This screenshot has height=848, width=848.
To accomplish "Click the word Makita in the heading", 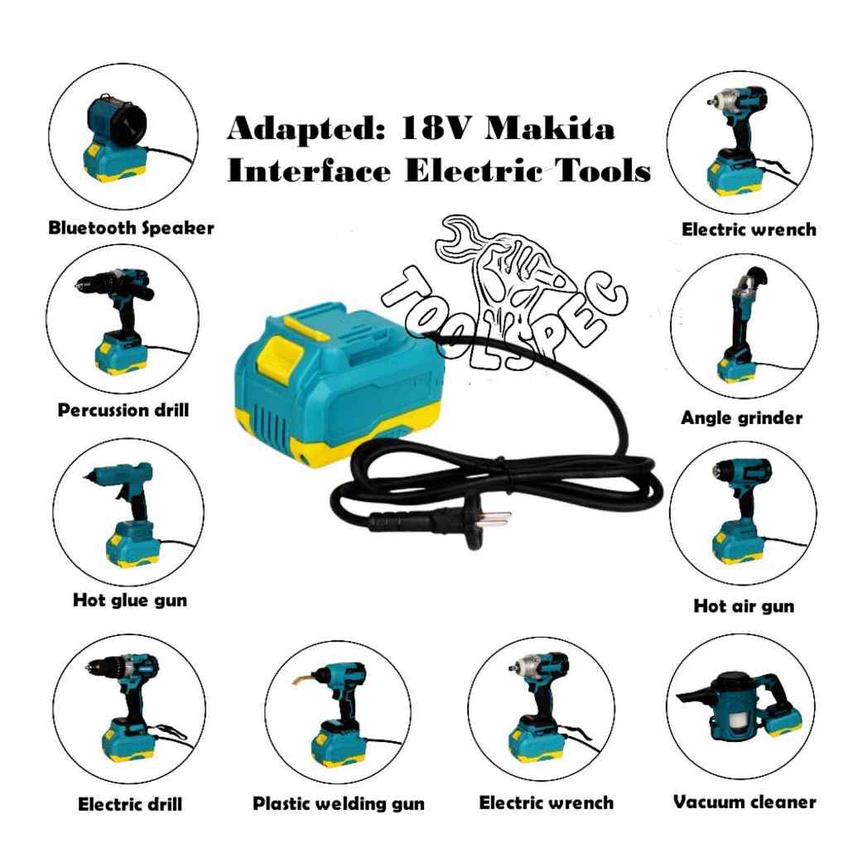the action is click(550, 129).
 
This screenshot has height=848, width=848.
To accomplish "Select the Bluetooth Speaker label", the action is click(132, 228).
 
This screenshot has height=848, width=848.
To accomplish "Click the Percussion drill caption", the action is click(123, 410).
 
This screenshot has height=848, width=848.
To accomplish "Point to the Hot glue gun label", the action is click(130, 600).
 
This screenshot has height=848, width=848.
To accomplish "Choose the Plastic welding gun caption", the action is click(339, 803).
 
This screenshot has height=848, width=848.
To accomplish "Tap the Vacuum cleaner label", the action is click(744, 802).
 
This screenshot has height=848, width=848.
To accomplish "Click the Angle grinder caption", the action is click(741, 417).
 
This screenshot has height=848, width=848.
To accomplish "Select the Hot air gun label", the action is click(744, 606).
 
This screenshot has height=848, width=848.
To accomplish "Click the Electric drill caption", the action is click(130, 804).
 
